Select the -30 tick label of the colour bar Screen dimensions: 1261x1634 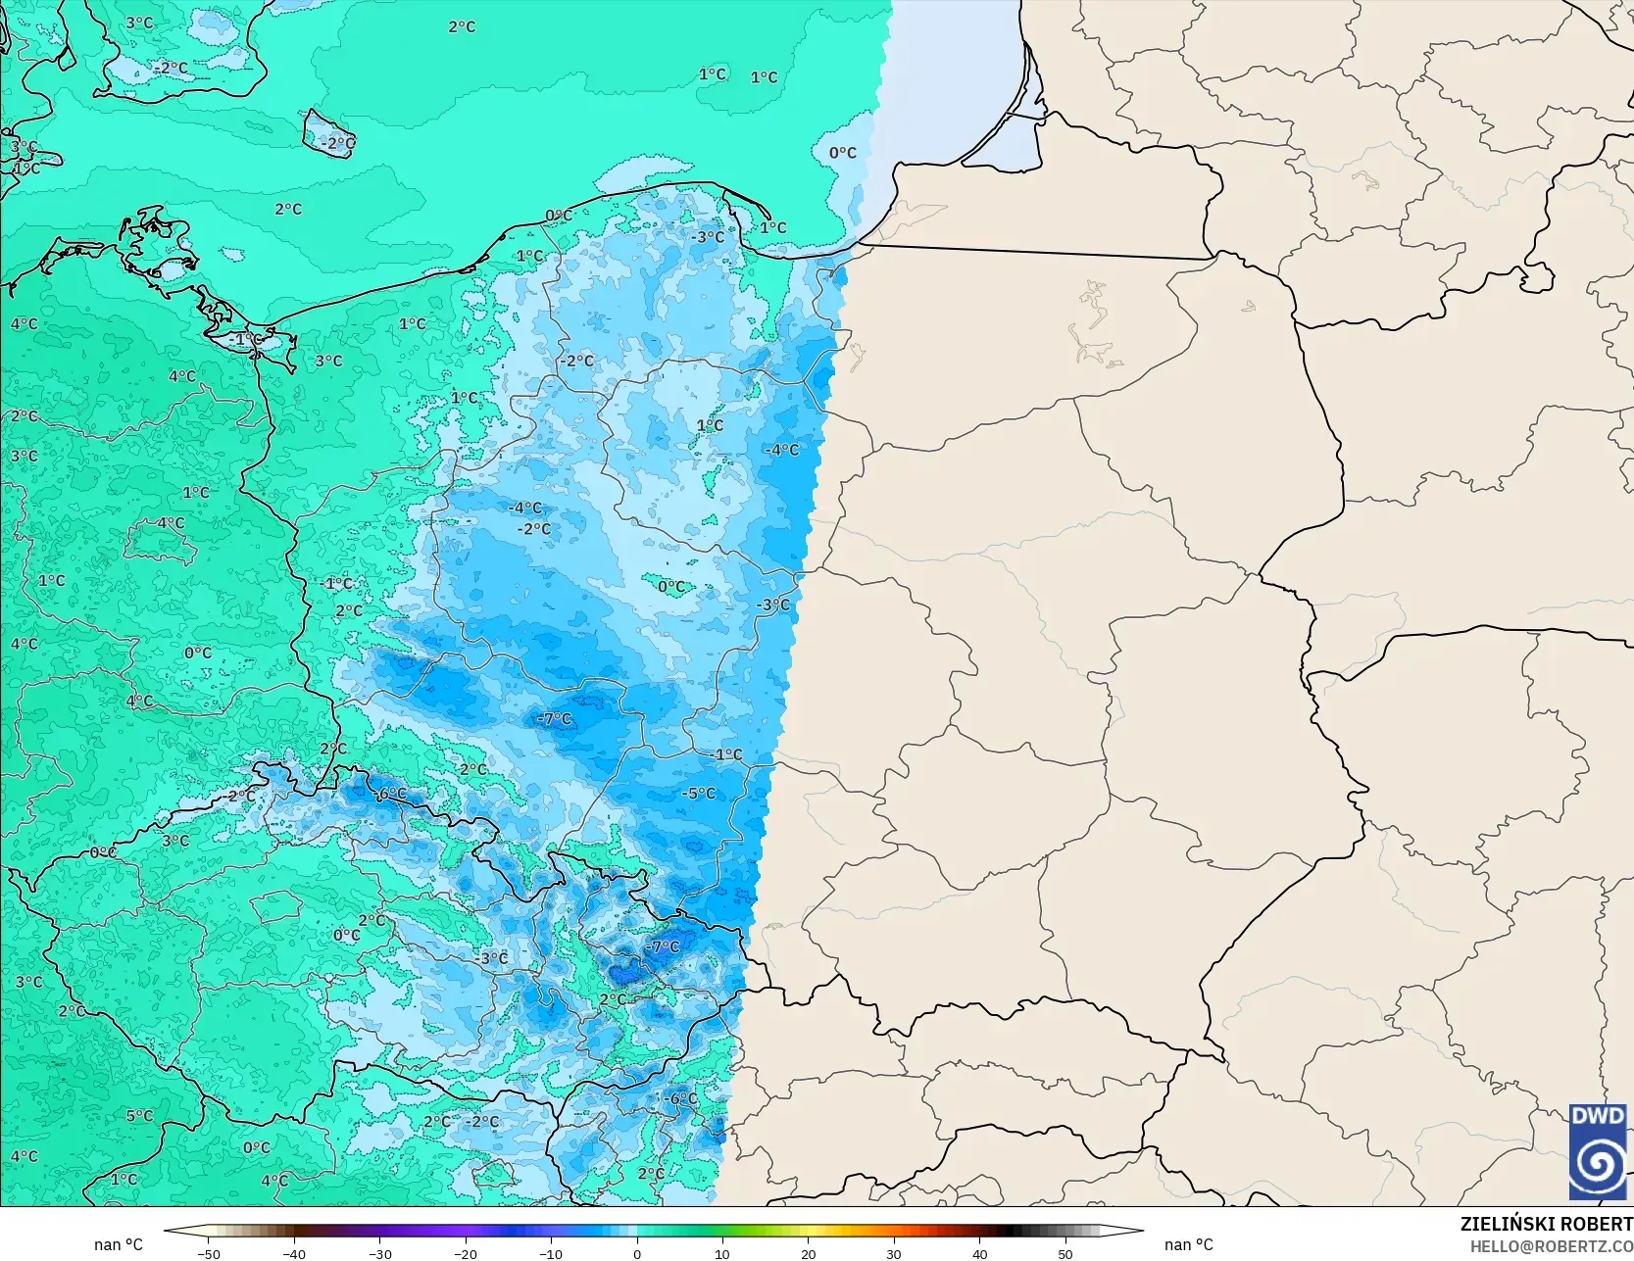tap(379, 1253)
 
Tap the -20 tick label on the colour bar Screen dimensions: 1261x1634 tap(465, 1253)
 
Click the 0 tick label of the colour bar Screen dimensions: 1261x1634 tap(637, 1253)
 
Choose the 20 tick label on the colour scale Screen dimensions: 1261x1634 tap(808, 1253)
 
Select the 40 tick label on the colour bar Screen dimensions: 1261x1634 tap(979, 1253)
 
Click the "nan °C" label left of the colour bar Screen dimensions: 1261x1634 tap(119, 1244)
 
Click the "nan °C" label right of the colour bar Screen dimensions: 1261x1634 tap(1188, 1244)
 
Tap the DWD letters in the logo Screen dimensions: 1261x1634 tap(1598, 1116)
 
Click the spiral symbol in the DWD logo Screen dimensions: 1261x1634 tap(1598, 1163)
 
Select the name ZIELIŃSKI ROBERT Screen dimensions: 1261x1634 tap(1546, 1224)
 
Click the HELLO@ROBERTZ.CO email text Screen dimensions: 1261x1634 tap(1551, 1245)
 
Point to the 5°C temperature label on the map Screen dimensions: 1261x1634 tap(139, 1115)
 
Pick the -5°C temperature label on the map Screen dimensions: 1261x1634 tap(699, 794)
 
